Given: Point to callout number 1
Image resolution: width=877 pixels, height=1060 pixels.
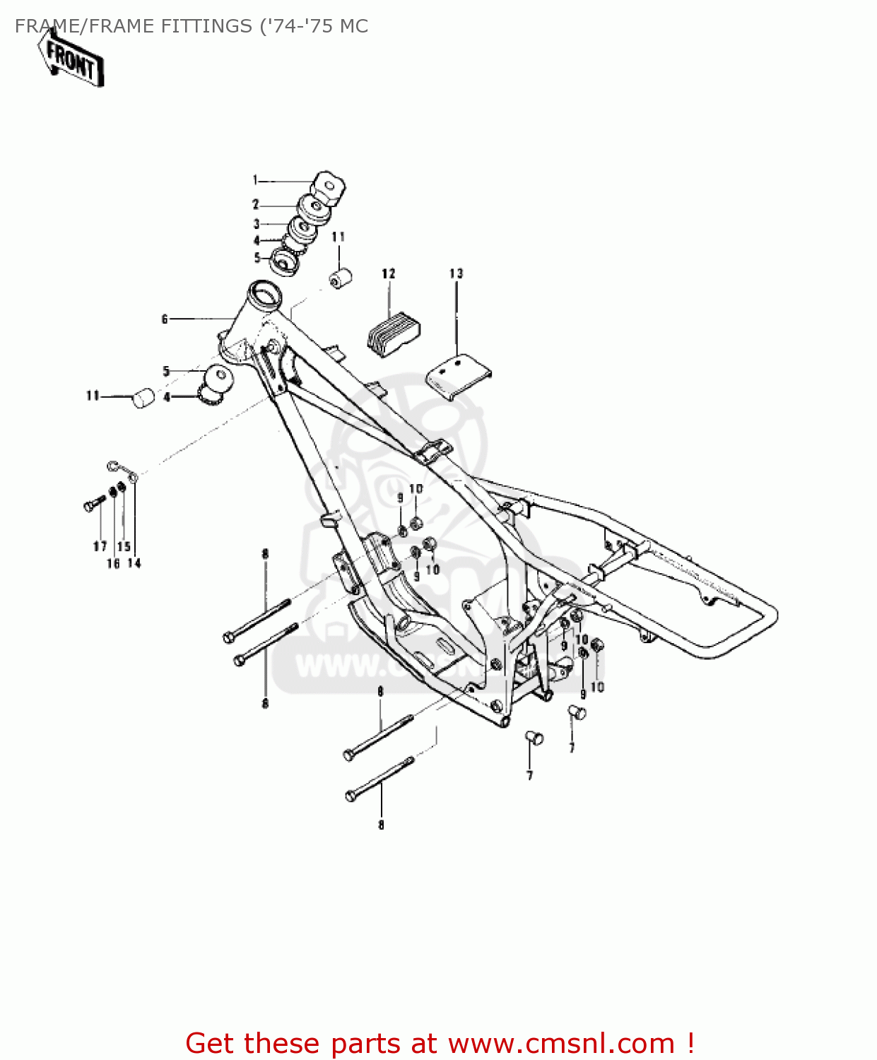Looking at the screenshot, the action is pos(255,181).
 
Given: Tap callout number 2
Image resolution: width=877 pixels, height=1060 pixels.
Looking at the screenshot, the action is pos(256,205).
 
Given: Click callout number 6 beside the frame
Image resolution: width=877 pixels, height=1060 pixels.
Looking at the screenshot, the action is pos(165,319).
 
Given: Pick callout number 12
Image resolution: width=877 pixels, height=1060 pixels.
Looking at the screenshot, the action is pos(389,273).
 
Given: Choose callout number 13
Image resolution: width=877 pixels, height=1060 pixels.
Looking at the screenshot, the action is pos(456,273).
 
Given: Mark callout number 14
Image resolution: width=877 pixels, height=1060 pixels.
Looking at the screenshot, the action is pos(134,563).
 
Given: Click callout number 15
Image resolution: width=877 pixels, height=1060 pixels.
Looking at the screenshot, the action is pos(124,546).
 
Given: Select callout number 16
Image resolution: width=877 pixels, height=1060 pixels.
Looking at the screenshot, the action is pos(113,563).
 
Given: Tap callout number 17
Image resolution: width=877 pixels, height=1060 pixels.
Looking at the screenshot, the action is pos(100,546).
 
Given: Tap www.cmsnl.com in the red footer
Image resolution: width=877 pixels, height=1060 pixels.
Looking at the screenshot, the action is pos(562,1043).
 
